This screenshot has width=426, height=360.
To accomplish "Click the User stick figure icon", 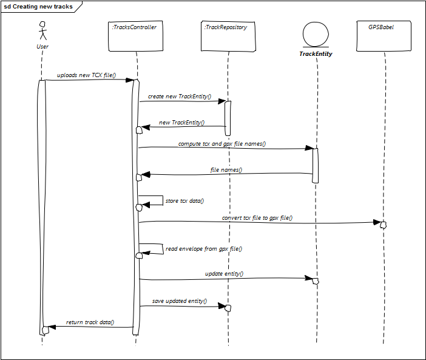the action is click(42, 31).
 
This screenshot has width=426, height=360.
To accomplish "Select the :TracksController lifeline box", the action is click(135, 36).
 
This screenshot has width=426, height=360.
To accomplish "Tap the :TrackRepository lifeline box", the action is click(228, 36).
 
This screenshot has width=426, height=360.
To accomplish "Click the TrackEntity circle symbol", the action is click(316, 35).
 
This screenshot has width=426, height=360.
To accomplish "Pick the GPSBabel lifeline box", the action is click(384, 36).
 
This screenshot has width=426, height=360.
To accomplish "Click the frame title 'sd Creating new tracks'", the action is click(38, 7).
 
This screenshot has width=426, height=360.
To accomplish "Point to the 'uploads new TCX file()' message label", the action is click(86, 75).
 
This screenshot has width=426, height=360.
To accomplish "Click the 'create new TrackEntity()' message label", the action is click(179, 97).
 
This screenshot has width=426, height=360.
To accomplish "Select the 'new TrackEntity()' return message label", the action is click(182, 123).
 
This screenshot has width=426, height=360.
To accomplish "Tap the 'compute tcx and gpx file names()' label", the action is click(222, 144).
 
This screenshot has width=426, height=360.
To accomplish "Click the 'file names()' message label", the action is click(226, 170).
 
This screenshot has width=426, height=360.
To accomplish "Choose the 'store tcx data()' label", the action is click(184, 201).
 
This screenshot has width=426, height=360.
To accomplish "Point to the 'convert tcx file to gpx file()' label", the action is click(257, 218).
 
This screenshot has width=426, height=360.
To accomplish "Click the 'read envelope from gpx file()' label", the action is click(204, 249).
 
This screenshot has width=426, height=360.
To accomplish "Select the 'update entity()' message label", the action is click(224, 274).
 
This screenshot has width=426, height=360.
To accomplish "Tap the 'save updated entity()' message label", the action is click(179, 301).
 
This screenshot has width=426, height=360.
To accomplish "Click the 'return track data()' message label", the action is click(90, 322).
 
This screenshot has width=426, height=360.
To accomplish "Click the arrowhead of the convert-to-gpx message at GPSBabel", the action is click(377, 222).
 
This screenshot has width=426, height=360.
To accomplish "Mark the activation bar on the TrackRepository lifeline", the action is click(228, 118).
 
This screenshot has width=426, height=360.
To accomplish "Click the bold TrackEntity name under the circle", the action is click(316, 54).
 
